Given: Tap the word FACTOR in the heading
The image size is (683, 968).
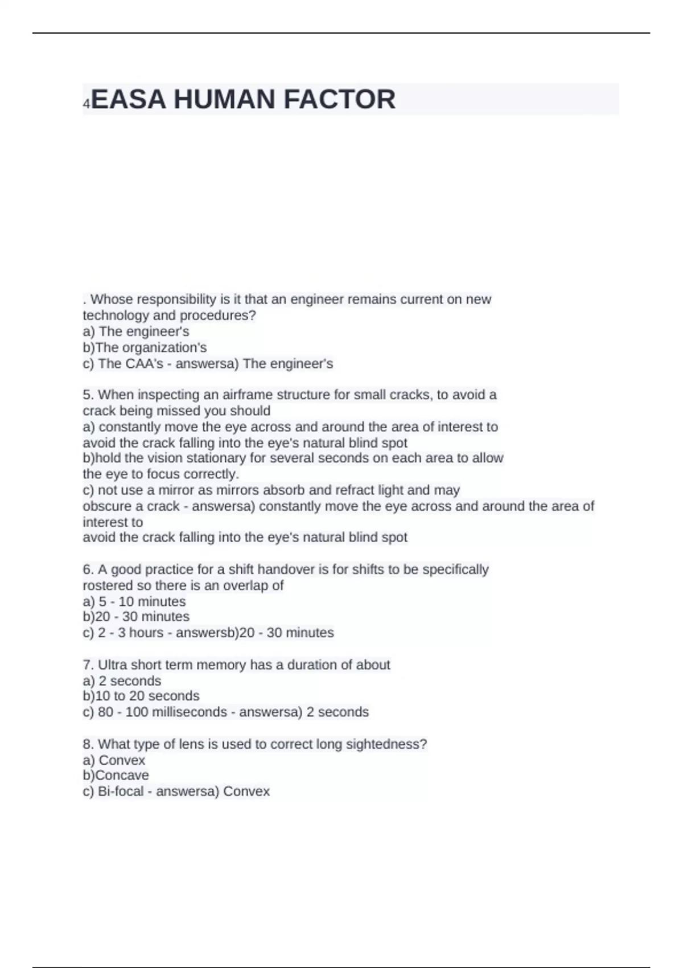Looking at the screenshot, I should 339,100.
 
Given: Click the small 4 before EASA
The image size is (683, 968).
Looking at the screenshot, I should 87,104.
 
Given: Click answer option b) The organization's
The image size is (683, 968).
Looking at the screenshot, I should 145,347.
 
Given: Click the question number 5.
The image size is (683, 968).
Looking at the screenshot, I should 87,395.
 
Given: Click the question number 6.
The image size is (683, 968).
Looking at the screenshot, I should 87,569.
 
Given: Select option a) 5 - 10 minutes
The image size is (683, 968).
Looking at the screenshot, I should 134,601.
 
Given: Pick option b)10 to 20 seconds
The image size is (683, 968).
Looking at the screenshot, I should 141,696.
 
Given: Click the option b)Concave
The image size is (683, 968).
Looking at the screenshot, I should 116,776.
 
